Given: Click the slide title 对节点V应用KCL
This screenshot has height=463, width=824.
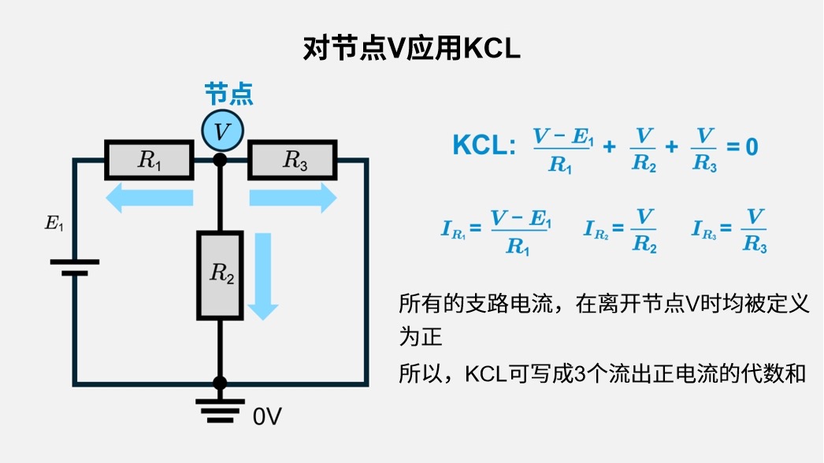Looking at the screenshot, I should [x=411, y=48].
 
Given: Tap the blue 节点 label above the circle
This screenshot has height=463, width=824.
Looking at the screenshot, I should [x=228, y=94].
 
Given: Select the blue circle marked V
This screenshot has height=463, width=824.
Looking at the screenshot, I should [x=222, y=131].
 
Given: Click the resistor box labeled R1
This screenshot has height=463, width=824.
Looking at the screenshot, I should [x=149, y=161].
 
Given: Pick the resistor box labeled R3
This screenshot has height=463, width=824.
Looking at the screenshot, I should [x=293, y=161].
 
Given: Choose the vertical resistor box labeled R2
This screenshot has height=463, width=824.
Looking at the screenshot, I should [x=221, y=275].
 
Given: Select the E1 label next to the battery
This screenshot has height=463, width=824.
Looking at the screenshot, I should [x=54, y=223].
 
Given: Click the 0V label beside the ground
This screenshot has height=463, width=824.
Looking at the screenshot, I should [x=267, y=417].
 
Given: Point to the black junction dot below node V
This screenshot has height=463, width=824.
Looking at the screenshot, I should [x=221, y=160].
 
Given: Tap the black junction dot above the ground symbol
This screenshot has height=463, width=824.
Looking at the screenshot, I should [x=221, y=383].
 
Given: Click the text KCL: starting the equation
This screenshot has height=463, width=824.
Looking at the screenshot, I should [x=484, y=146].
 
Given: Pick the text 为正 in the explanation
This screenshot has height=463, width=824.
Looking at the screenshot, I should [x=421, y=338].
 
